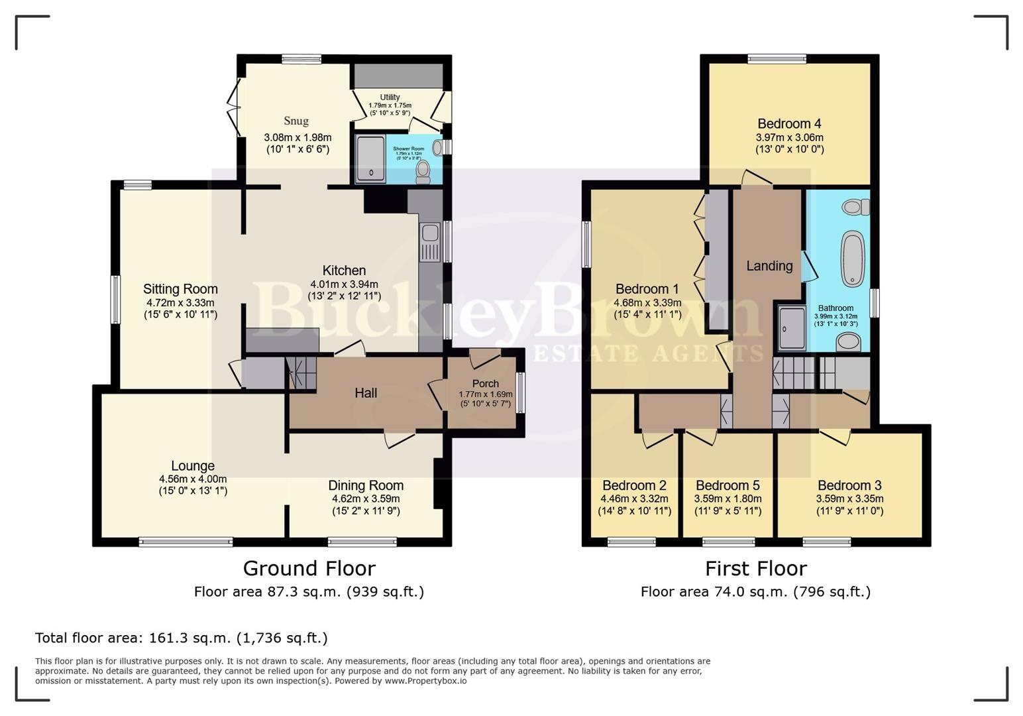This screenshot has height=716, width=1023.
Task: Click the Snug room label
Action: (x=296, y=121)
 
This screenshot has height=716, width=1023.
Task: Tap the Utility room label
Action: (x=390, y=97)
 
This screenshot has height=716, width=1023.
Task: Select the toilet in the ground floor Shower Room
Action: (x=423, y=172)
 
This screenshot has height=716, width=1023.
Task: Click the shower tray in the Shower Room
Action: (x=370, y=158)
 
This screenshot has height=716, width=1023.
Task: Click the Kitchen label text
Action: (x=344, y=270)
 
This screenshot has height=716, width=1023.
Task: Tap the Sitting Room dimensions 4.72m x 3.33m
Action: (x=180, y=302)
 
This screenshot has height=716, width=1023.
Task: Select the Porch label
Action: (x=486, y=384)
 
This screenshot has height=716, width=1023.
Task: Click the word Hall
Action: (x=366, y=393)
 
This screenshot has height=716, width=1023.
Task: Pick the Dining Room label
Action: (x=366, y=485)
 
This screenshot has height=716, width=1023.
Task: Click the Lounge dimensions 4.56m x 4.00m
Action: (x=193, y=479)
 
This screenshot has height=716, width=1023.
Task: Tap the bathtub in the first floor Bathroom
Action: (x=853, y=258)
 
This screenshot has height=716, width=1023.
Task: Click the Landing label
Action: (x=769, y=266)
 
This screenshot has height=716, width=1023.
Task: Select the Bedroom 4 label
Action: (x=789, y=124)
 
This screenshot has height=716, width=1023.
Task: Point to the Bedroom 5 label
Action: (x=727, y=485)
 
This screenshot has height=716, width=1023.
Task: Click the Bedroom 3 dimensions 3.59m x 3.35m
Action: (x=849, y=499)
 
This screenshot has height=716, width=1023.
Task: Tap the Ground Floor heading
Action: (x=309, y=568)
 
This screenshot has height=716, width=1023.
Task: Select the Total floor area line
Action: (x=182, y=638)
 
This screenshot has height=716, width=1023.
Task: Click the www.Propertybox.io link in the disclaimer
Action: (x=425, y=681)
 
